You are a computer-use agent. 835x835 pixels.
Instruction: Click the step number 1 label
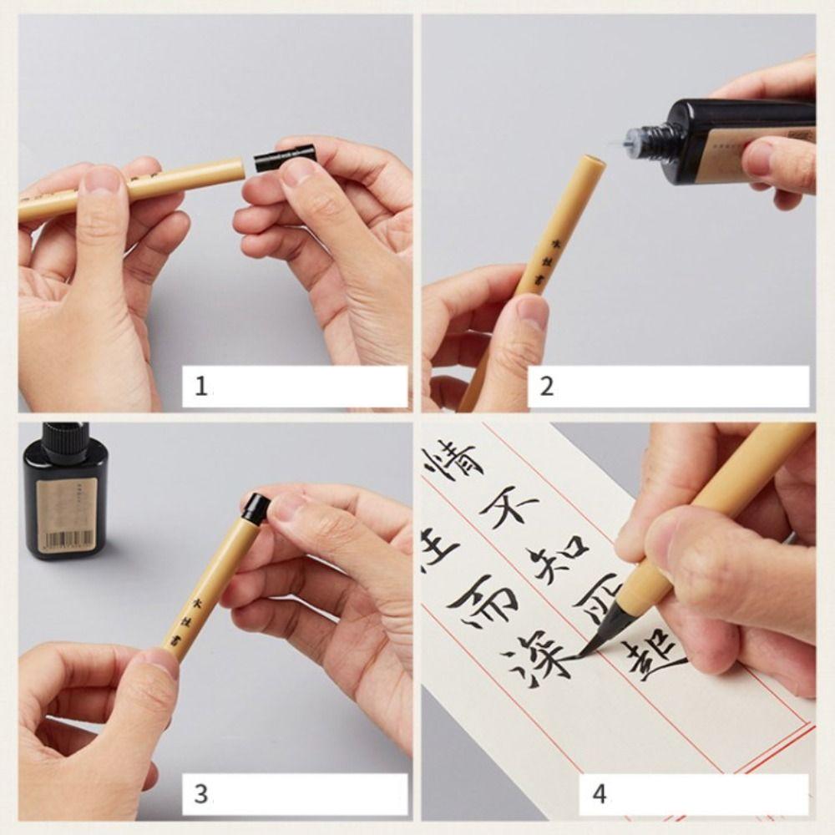[200, 387]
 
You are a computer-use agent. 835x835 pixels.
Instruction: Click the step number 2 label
[547, 387]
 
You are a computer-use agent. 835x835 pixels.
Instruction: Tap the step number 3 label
[200, 793]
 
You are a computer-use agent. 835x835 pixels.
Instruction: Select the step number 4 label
[599, 793]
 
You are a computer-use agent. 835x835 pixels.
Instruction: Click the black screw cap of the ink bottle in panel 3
[65, 443]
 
